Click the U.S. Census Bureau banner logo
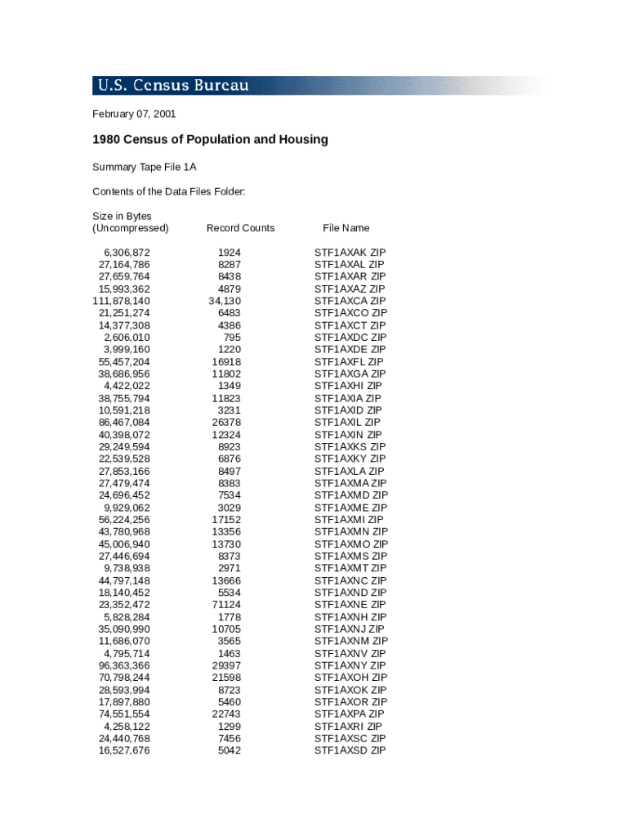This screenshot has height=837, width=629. [x=173, y=86]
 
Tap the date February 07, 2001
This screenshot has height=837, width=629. [x=134, y=114]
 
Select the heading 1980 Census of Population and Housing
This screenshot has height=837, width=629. [x=210, y=140]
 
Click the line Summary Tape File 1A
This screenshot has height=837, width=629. [x=145, y=168]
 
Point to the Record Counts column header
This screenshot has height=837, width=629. [x=240, y=228]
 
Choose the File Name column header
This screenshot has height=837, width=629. [x=346, y=228]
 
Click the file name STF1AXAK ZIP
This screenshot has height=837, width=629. [x=350, y=253]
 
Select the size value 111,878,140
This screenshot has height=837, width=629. [x=121, y=301]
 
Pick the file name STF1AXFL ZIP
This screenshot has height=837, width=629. [x=349, y=361]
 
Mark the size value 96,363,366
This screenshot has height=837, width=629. [x=124, y=665]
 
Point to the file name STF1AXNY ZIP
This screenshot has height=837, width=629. [x=350, y=665]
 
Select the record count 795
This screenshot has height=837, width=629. [x=232, y=338]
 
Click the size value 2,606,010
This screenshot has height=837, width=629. [x=127, y=338]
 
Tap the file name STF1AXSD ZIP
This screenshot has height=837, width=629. [x=350, y=750]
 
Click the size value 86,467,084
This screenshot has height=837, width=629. [x=124, y=423]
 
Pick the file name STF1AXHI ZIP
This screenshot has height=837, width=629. [x=348, y=386]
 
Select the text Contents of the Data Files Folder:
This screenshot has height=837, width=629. [x=169, y=192]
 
